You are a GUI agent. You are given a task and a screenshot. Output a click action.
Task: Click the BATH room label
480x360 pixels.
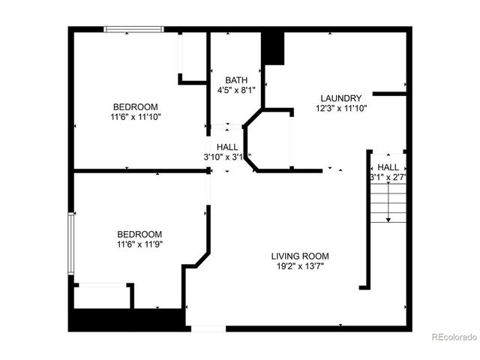coord(236,80)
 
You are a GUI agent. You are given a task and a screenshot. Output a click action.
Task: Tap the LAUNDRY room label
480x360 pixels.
coord(341,98)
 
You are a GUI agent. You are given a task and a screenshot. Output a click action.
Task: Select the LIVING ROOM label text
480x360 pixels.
coord(300,256)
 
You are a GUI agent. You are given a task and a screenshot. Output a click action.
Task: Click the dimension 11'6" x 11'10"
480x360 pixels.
coord(136,116)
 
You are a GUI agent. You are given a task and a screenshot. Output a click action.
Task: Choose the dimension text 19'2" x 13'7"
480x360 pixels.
coord(300,266)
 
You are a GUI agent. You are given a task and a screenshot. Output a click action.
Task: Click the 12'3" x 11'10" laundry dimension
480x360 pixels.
coord(341,109)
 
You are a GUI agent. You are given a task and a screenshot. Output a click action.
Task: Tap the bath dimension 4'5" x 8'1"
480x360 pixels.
coord(236,90)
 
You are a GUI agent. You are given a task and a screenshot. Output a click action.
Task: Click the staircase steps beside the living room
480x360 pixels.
coord(388,201)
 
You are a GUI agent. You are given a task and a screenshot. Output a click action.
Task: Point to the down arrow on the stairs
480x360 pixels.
coord(388,217)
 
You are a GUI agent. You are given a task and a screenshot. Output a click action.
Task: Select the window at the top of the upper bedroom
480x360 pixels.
coord(133,29)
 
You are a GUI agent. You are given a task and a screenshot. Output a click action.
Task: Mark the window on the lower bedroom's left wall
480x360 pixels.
coord(71,244)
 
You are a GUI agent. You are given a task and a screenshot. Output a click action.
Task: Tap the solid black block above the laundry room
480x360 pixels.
coord(274,49)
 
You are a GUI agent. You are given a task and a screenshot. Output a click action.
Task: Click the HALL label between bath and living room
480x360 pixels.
coord(227,147)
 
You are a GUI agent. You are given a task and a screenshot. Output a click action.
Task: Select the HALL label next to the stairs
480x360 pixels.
coord(388,167)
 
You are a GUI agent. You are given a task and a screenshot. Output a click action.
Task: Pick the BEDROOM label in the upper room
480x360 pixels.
coord(136,106)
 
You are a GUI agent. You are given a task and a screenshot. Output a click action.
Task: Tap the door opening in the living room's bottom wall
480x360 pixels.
coord(208,328)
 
